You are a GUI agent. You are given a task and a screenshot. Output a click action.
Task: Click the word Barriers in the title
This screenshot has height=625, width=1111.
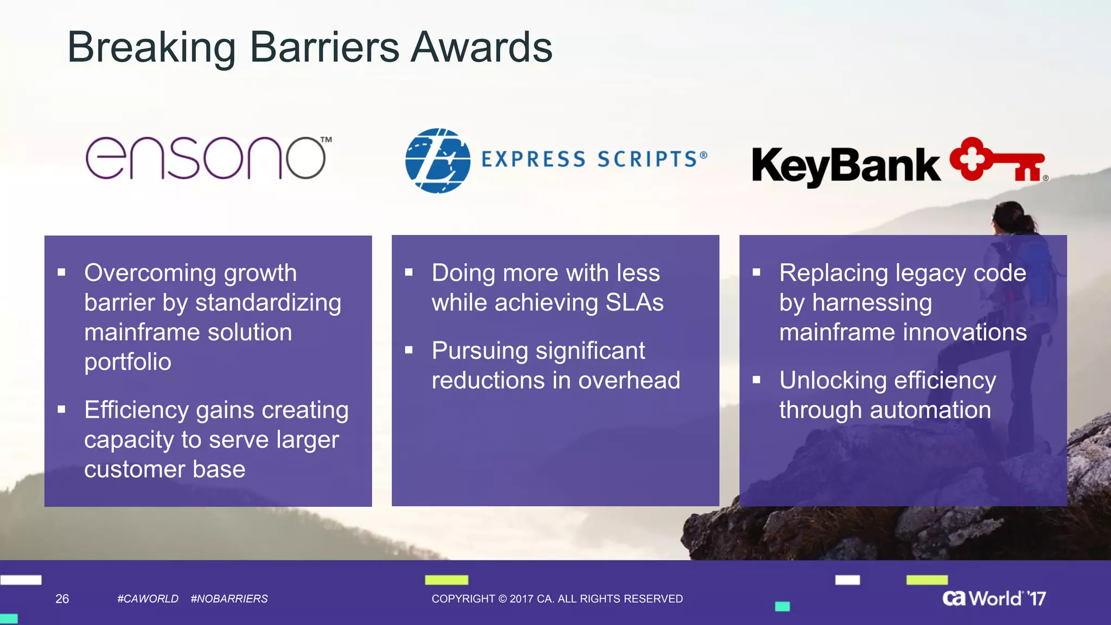tap(324, 48)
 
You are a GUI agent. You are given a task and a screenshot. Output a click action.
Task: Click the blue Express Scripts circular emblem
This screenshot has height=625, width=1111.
tap(437, 161)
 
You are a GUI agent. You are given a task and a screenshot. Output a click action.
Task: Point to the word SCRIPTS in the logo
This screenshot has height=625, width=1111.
tap(647, 160)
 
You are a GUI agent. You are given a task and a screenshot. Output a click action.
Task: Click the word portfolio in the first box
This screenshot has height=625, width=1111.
tap(127, 362)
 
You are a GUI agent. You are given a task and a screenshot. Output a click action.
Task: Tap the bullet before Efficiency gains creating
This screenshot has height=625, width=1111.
tap(61, 410)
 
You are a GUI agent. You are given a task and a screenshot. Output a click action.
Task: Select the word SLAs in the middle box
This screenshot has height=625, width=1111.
tap(634, 303)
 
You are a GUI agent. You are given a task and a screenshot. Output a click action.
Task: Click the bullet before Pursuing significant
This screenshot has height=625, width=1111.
tap(409, 350)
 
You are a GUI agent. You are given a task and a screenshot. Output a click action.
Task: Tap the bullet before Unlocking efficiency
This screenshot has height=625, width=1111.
tap(756, 380)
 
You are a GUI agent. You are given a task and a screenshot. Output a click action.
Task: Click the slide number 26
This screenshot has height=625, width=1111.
tap(62, 599)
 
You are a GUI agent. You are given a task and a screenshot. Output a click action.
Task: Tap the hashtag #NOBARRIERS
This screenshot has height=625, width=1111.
tap(229, 599)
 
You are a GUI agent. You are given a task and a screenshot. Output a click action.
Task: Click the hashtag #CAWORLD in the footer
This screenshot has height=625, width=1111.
tap(148, 599)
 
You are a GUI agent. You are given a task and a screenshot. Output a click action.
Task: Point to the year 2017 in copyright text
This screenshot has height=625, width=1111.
tap(521, 599)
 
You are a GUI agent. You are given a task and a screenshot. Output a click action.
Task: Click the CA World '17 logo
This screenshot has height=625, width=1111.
tap(993, 598)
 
